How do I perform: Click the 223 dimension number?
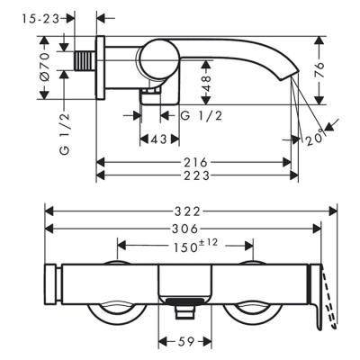(195, 175)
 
